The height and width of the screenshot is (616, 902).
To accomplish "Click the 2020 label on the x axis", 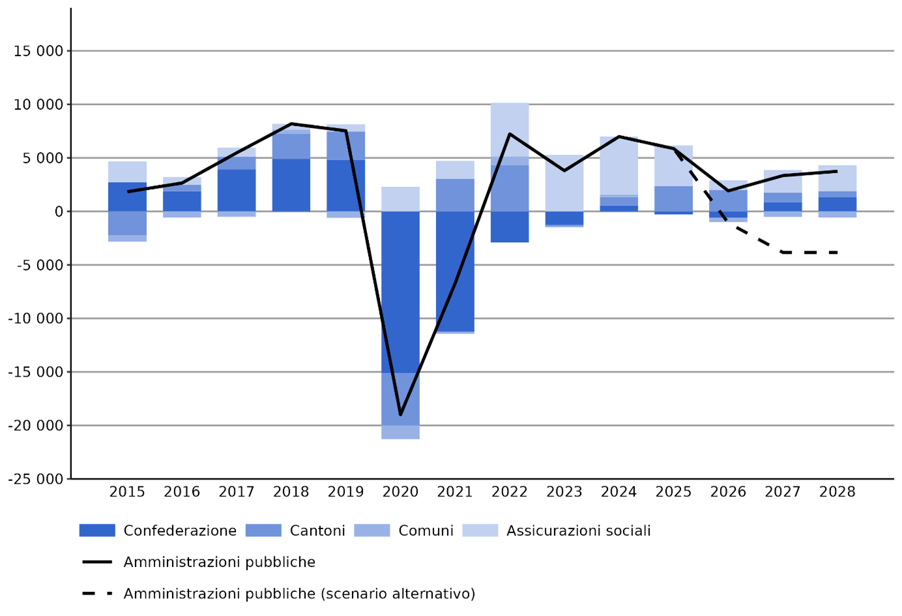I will click(400, 492).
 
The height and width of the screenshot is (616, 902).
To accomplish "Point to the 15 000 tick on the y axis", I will click(38, 51).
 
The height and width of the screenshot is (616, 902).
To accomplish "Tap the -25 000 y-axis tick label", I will click(36, 479).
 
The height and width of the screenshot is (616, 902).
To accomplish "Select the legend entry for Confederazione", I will click(179, 531).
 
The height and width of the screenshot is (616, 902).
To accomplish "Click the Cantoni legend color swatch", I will click(263, 531).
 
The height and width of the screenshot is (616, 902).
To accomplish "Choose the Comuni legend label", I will click(426, 531).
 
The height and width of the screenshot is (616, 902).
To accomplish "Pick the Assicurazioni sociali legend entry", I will click(578, 531).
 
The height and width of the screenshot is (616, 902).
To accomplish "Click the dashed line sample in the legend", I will click(97, 593).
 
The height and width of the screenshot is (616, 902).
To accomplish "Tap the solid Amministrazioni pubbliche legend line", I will click(97, 562).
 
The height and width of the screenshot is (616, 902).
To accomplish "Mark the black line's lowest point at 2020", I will click(400, 414).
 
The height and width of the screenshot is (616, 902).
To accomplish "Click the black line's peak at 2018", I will click(291, 123).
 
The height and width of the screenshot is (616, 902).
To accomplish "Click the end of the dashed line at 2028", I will click(837, 253).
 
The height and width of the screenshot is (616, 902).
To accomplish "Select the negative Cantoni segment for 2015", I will click(127, 223).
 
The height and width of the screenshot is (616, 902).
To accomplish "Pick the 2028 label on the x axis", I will click(837, 492).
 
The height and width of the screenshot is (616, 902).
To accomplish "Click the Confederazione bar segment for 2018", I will click(291, 185).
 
